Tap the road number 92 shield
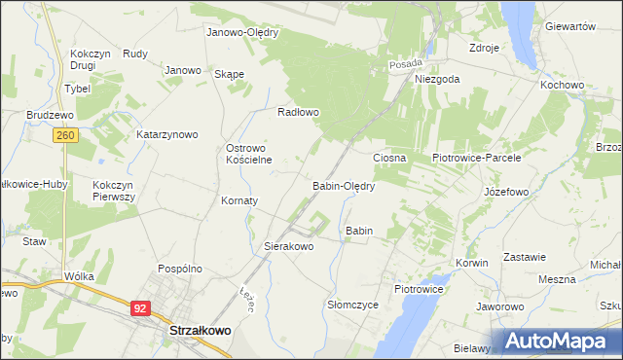click(x=141, y=307)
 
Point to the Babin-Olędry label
click(x=344, y=184)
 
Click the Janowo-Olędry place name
click(x=242, y=32)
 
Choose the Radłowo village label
click(x=299, y=112)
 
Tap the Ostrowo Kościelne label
click(x=248, y=154)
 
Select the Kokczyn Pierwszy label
click(x=114, y=190)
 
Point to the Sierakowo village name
click(x=289, y=247)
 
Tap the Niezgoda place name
click(x=436, y=80)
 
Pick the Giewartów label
click(x=570, y=27)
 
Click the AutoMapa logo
click(x=558, y=341)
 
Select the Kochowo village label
click(x=562, y=85)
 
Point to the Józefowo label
click(x=506, y=192)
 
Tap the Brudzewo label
click(x=51, y=114)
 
